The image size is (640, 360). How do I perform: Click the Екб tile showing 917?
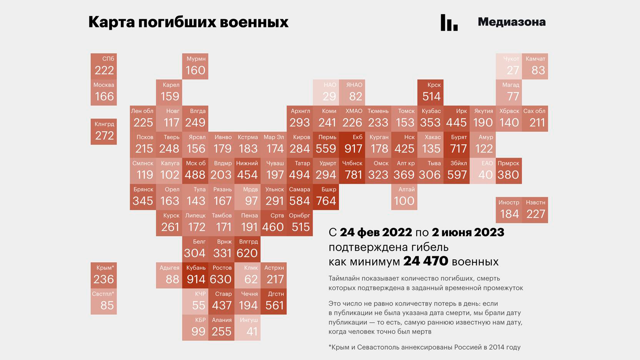[352, 145]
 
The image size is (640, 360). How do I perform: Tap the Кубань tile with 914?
[195, 275]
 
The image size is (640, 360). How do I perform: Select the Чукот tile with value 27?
[509, 66]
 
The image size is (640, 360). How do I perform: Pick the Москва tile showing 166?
[104, 92]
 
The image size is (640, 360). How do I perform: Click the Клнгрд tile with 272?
[104, 132]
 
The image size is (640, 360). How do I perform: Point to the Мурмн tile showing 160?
[195, 66]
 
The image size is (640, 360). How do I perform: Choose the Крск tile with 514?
[431, 92]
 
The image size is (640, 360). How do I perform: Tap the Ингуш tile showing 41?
[248, 328]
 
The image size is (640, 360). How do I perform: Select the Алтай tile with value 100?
[404, 197]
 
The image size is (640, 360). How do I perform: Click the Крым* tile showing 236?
[104, 275]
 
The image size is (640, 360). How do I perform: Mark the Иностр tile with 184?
[509, 210]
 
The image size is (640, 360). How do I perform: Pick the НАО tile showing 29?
[326, 92]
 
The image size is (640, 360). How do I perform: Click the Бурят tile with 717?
[457, 145]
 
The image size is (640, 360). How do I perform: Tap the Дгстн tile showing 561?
[274, 301]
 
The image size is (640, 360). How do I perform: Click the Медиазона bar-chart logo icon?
[449, 23]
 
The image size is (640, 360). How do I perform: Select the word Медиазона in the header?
[512, 22]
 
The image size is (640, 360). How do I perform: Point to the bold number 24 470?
[426, 261]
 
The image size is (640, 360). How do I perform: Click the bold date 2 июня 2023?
[468, 232]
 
